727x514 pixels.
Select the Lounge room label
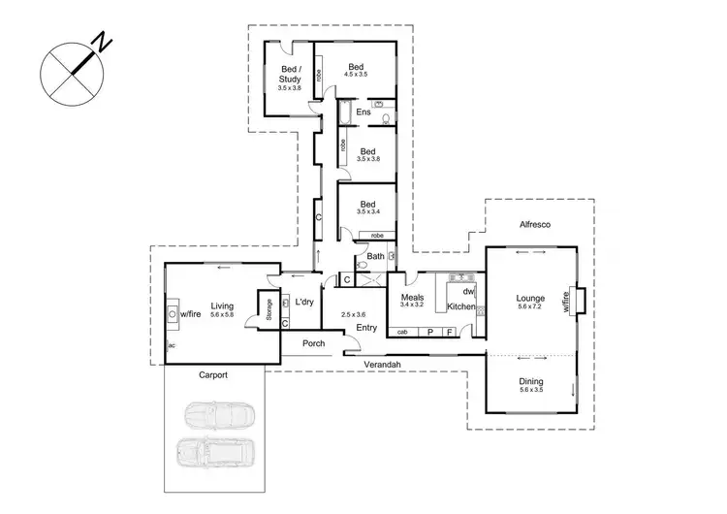click(x=530, y=298)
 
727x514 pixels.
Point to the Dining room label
click(x=530, y=381)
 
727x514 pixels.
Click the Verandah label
click(x=385, y=365)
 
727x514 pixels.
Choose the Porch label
click(x=313, y=343)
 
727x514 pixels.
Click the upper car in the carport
click(x=219, y=416)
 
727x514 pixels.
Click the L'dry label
click(x=304, y=302)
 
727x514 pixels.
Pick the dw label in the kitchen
click(x=467, y=291)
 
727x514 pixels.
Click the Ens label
click(x=363, y=112)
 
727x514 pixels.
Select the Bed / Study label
click(x=291, y=74)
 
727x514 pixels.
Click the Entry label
click(x=366, y=327)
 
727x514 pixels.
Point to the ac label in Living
click(x=171, y=344)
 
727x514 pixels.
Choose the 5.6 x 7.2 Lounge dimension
click(x=530, y=307)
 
